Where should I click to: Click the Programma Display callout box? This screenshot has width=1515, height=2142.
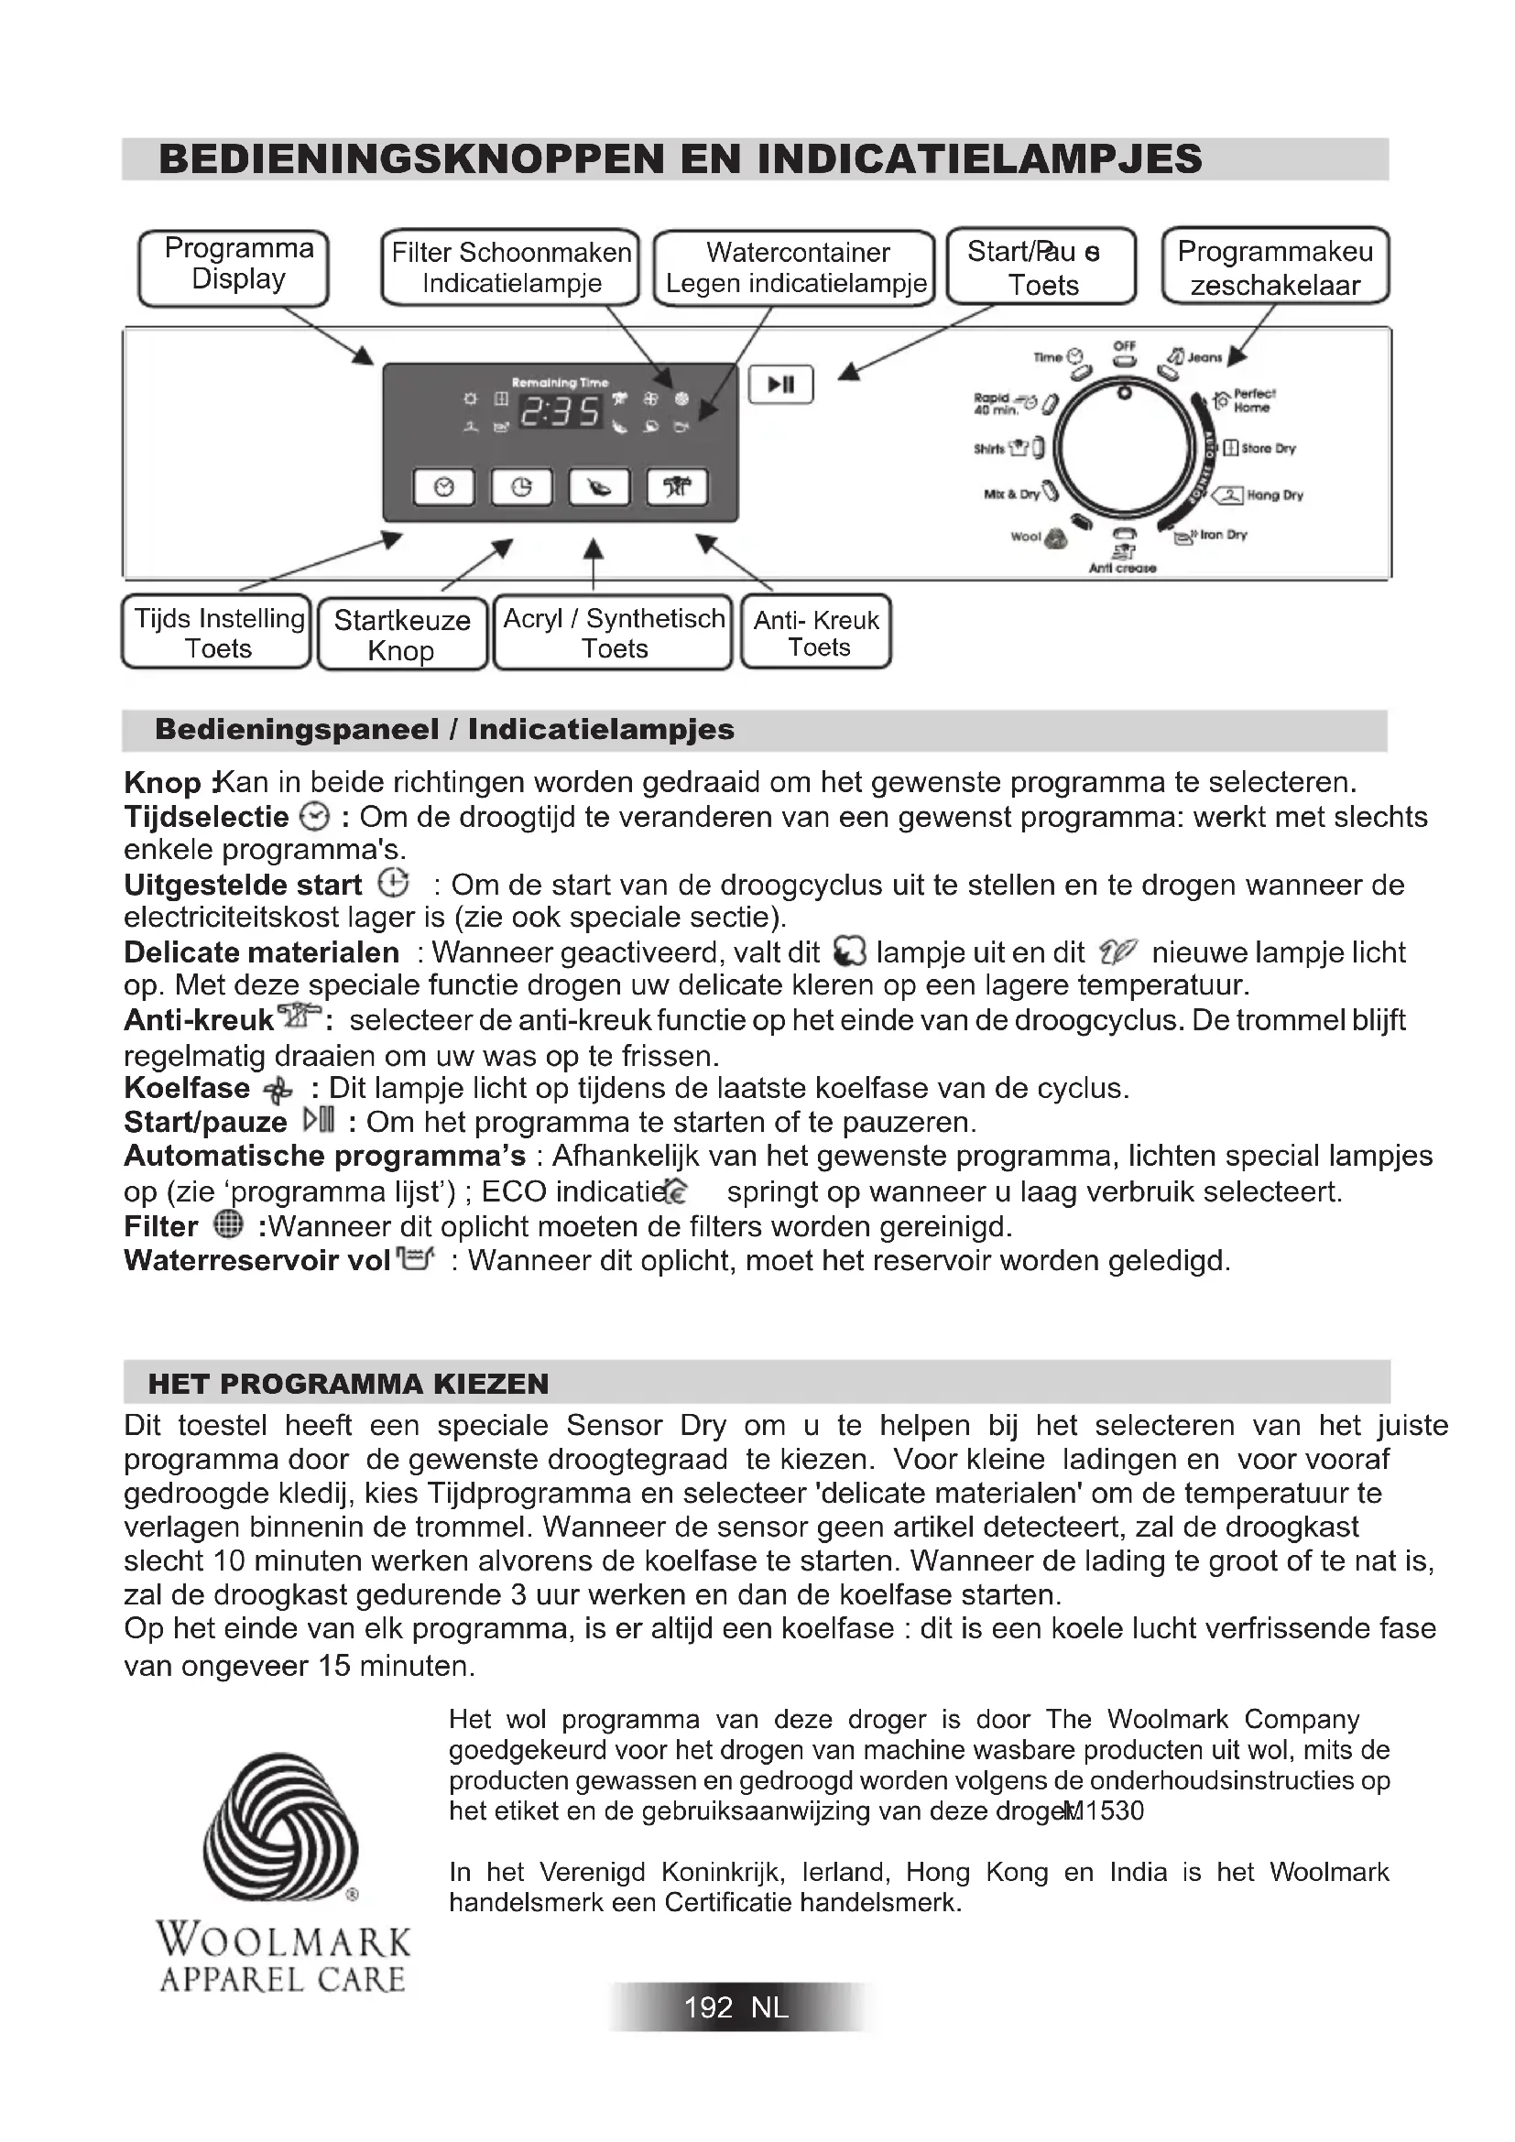pos(234,266)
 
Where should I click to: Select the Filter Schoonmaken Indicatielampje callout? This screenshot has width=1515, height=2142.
pos(510,266)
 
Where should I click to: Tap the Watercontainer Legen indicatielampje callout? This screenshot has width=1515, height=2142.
pos(795,266)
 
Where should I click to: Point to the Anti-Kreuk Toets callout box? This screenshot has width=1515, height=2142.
pos(816,633)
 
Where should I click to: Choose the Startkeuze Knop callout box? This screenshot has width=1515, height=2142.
pos(402,635)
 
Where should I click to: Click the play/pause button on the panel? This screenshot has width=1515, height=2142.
pos(780,385)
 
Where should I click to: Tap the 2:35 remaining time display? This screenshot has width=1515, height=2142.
pos(560,410)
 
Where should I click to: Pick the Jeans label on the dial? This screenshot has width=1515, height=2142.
pos(1204,357)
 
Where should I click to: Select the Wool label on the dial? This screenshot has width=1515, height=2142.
pos(1025,537)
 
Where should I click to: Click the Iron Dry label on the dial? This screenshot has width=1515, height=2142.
pos(1223,535)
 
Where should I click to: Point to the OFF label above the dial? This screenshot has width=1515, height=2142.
pos(1124,346)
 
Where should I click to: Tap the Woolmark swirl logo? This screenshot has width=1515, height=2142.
pos(280,1829)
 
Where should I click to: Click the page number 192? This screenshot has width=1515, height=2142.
pos(708,2007)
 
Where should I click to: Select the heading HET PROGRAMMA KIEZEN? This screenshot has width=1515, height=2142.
pos(348,1384)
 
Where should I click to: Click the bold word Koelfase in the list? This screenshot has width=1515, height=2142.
pos(187,1088)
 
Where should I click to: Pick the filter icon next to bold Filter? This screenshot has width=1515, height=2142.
pos(228,1223)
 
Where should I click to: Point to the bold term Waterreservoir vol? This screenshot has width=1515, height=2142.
pos(256,1260)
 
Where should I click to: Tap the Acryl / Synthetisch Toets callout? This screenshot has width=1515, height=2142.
pos(614,633)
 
